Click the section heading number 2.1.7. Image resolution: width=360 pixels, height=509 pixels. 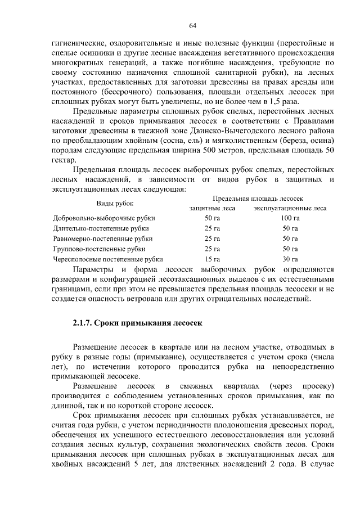(x=82, y=323)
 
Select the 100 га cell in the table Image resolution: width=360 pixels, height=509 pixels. (x=290, y=218)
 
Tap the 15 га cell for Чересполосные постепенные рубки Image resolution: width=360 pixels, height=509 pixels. (x=213, y=259)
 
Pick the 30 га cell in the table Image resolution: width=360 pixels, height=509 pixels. (x=290, y=259)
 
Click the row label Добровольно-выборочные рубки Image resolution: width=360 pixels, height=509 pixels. (x=104, y=218)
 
